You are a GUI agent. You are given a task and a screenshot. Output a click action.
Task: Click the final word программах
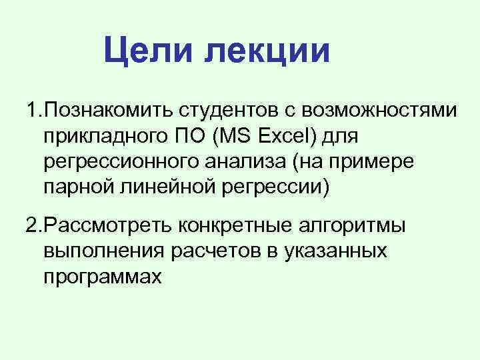pyautogui.click(x=101, y=277)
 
